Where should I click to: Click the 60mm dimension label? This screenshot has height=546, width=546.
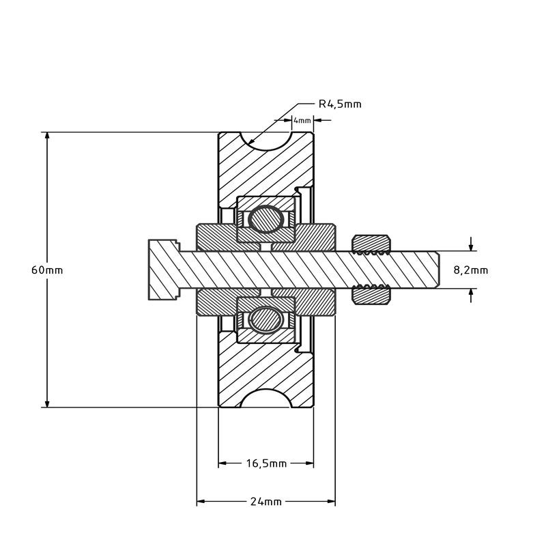pyautogui.click(x=47, y=270)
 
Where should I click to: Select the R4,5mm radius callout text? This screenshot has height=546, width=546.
pyautogui.click(x=340, y=104)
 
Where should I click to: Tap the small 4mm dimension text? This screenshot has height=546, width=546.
pyautogui.click(x=302, y=121)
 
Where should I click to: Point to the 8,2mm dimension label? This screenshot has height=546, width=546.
pyautogui.click(x=471, y=270)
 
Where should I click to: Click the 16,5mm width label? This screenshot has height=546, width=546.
pyautogui.click(x=266, y=463)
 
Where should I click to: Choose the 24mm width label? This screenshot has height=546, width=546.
pyautogui.click(x=266, y=502)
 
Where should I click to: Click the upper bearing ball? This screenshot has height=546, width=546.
pyautogui.click(x=266, y=219)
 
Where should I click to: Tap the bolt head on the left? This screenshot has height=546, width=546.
pyautogui.click(x=164, y=270)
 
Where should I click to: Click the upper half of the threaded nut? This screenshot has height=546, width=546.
pyautogui.click(x=371, y=244)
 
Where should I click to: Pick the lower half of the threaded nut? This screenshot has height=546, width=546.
pyautogui.click(x=371, y=295)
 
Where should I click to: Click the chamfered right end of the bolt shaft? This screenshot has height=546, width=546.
pyautogui.click(x=437, y=270)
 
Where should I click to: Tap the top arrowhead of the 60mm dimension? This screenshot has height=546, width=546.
pyautogui.click(x=47, y=138)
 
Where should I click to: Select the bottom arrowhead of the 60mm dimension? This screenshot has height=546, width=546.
pyautogui.click(x=47, y=402)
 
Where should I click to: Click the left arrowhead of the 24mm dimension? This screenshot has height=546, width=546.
pyautogui.click(x=203, y=502)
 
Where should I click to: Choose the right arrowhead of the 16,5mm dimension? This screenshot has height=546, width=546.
pyautogui.click(x=308, y=463)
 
